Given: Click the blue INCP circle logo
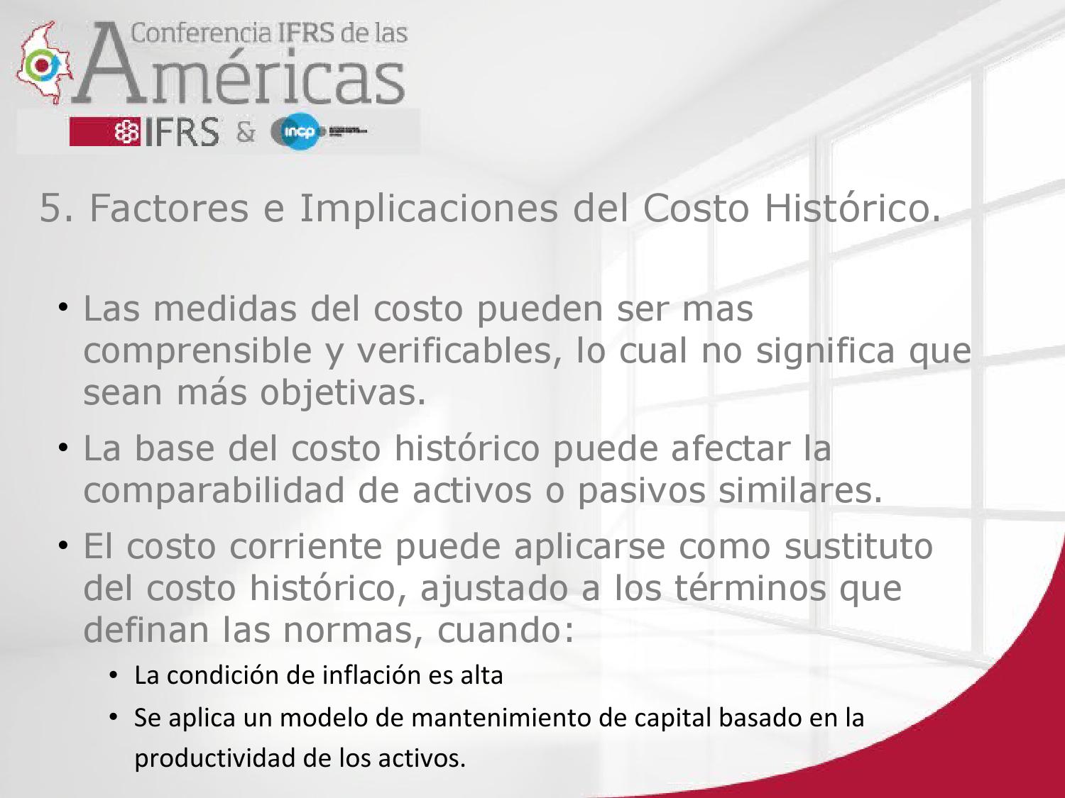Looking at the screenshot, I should (297, 132).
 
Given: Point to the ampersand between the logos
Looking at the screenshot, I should (246, 132).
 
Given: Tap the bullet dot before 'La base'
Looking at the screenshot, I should (63, 448).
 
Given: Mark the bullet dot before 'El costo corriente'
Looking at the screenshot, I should (63, 546).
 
